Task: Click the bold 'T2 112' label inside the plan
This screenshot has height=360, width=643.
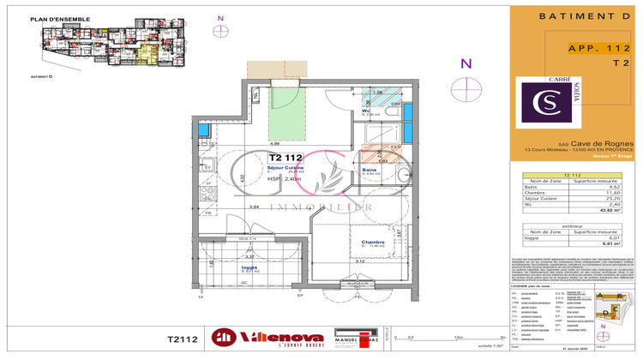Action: pos(286,158)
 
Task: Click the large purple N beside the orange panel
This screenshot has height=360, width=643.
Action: pos(466,63)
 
